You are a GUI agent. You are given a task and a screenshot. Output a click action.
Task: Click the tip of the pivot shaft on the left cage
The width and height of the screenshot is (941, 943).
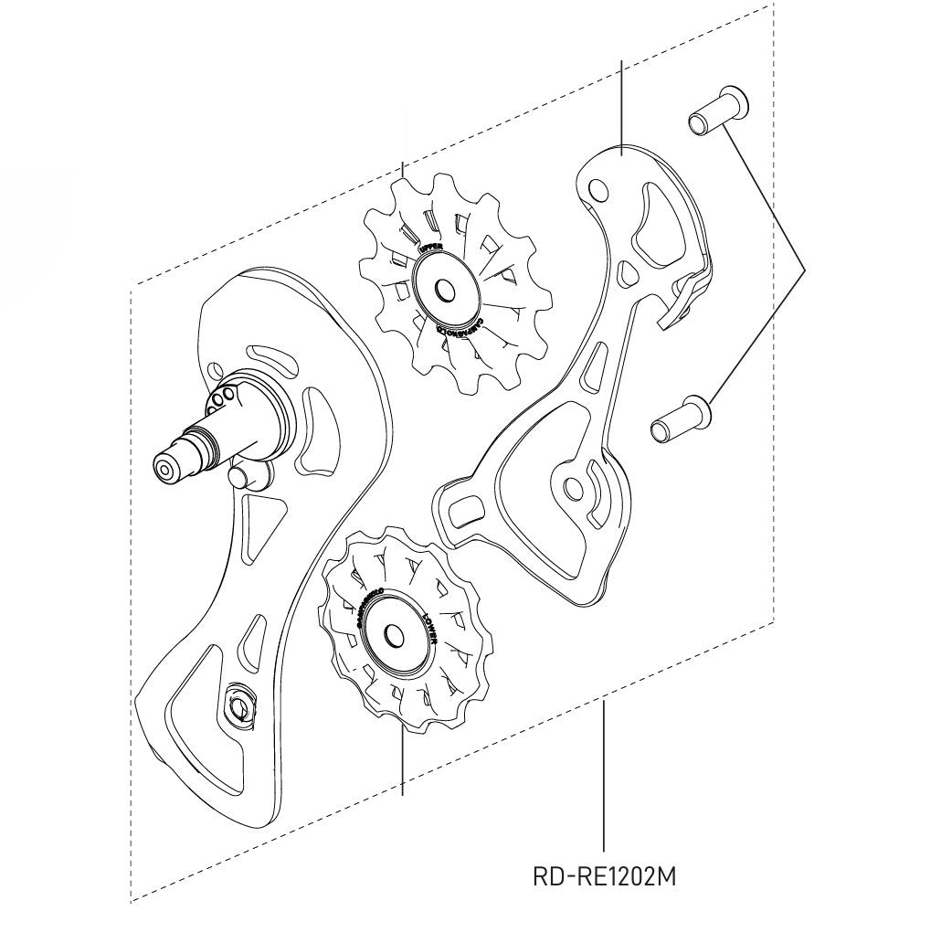tap(164, 468)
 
